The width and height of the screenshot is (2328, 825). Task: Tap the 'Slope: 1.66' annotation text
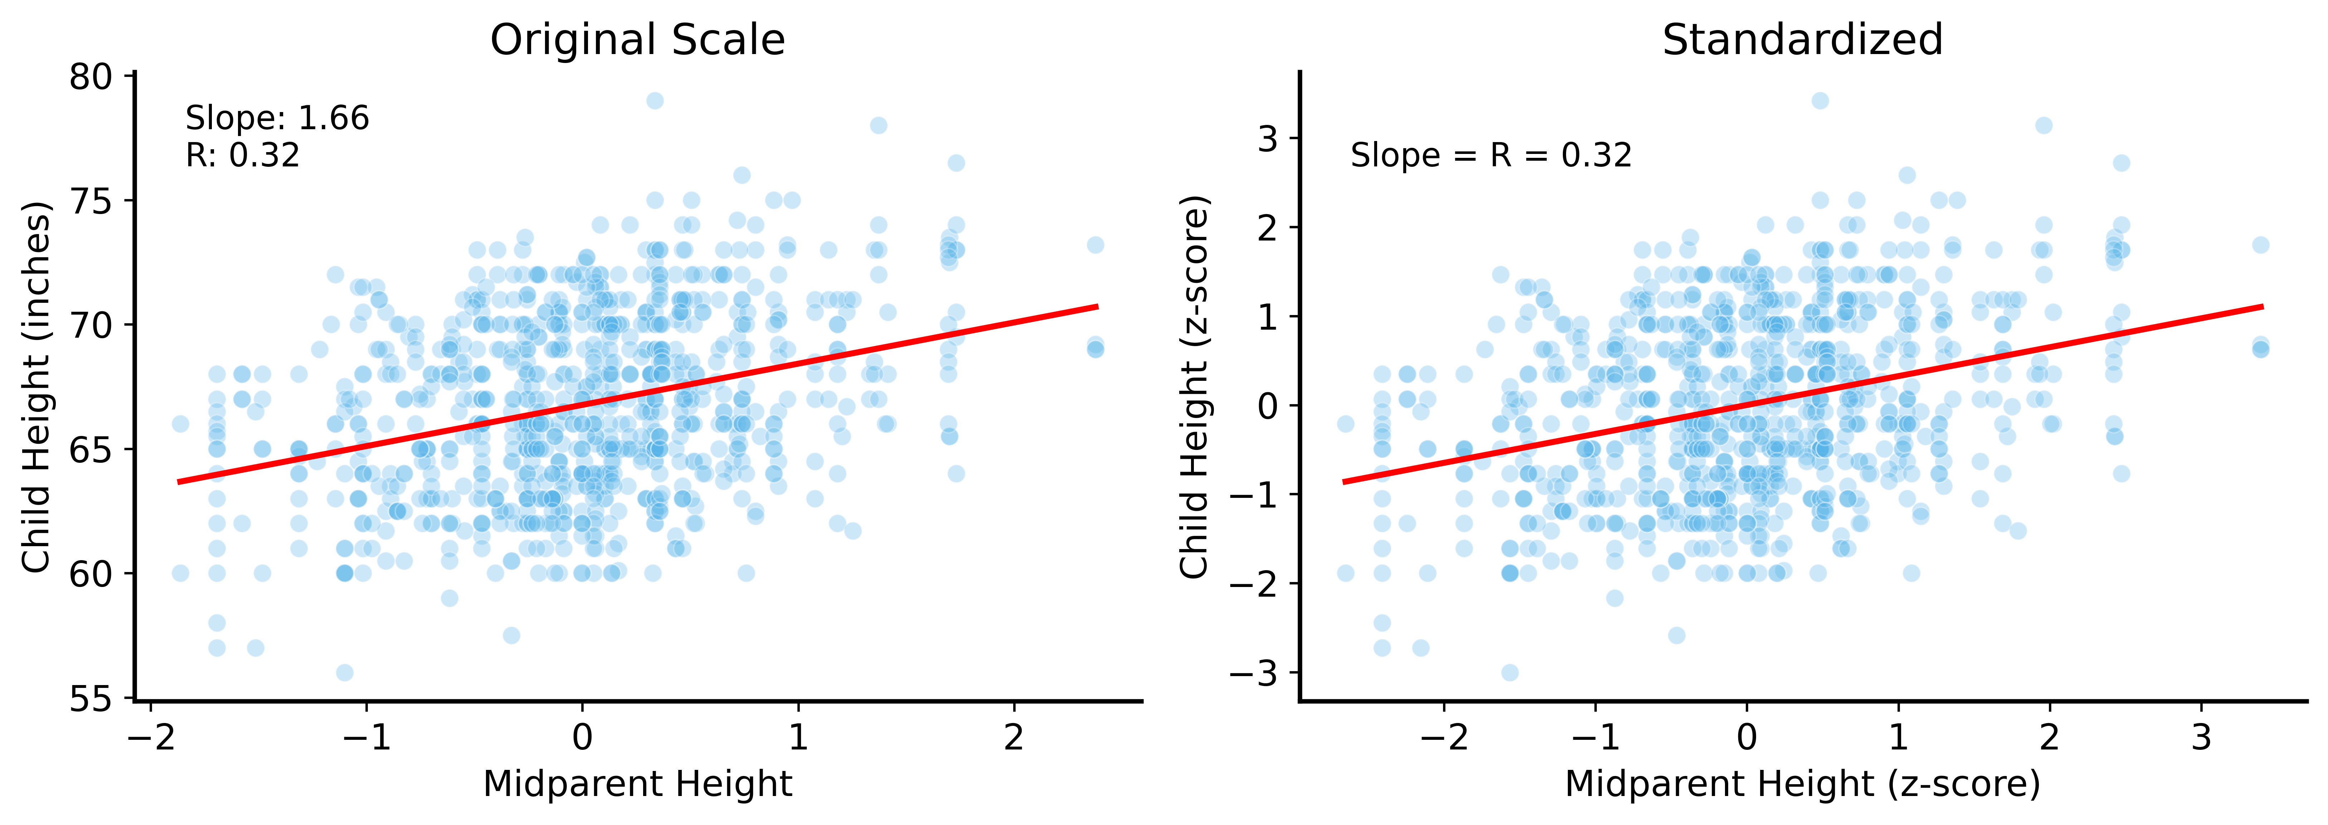[x=277, y=118]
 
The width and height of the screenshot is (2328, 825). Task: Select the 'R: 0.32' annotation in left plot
[x=242, y=155]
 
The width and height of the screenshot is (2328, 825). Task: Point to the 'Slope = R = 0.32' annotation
[x=1491, y=155]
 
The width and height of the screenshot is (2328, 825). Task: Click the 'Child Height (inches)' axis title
[x=36, y=387]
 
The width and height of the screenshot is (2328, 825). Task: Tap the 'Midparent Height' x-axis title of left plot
[x=637, y=783]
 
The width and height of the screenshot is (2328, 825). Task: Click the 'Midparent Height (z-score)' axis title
[x=1802, y=783]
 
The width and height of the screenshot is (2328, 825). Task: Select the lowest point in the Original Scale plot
[x=344, y=672]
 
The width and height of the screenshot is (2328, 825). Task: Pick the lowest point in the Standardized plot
[x=1509, y=672]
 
